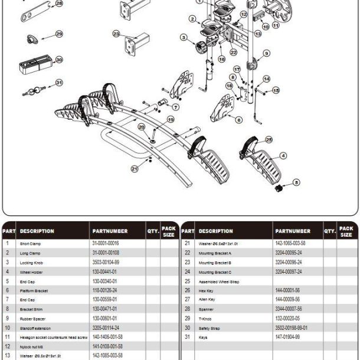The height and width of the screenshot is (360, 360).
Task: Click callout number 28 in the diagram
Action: point(58,4)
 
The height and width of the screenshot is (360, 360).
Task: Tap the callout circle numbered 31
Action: point(58,83)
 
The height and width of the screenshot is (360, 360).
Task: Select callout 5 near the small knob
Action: point(296,182)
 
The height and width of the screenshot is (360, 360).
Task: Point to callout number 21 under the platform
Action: point(135,169)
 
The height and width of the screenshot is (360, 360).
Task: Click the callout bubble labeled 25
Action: point(269,139)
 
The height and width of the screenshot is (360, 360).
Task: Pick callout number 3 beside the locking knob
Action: point(184,38)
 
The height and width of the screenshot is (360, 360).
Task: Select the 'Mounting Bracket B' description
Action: point(215,262)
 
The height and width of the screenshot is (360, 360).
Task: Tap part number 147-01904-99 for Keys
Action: point(287,337)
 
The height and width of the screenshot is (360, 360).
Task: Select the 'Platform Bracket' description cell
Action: point(34,290)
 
